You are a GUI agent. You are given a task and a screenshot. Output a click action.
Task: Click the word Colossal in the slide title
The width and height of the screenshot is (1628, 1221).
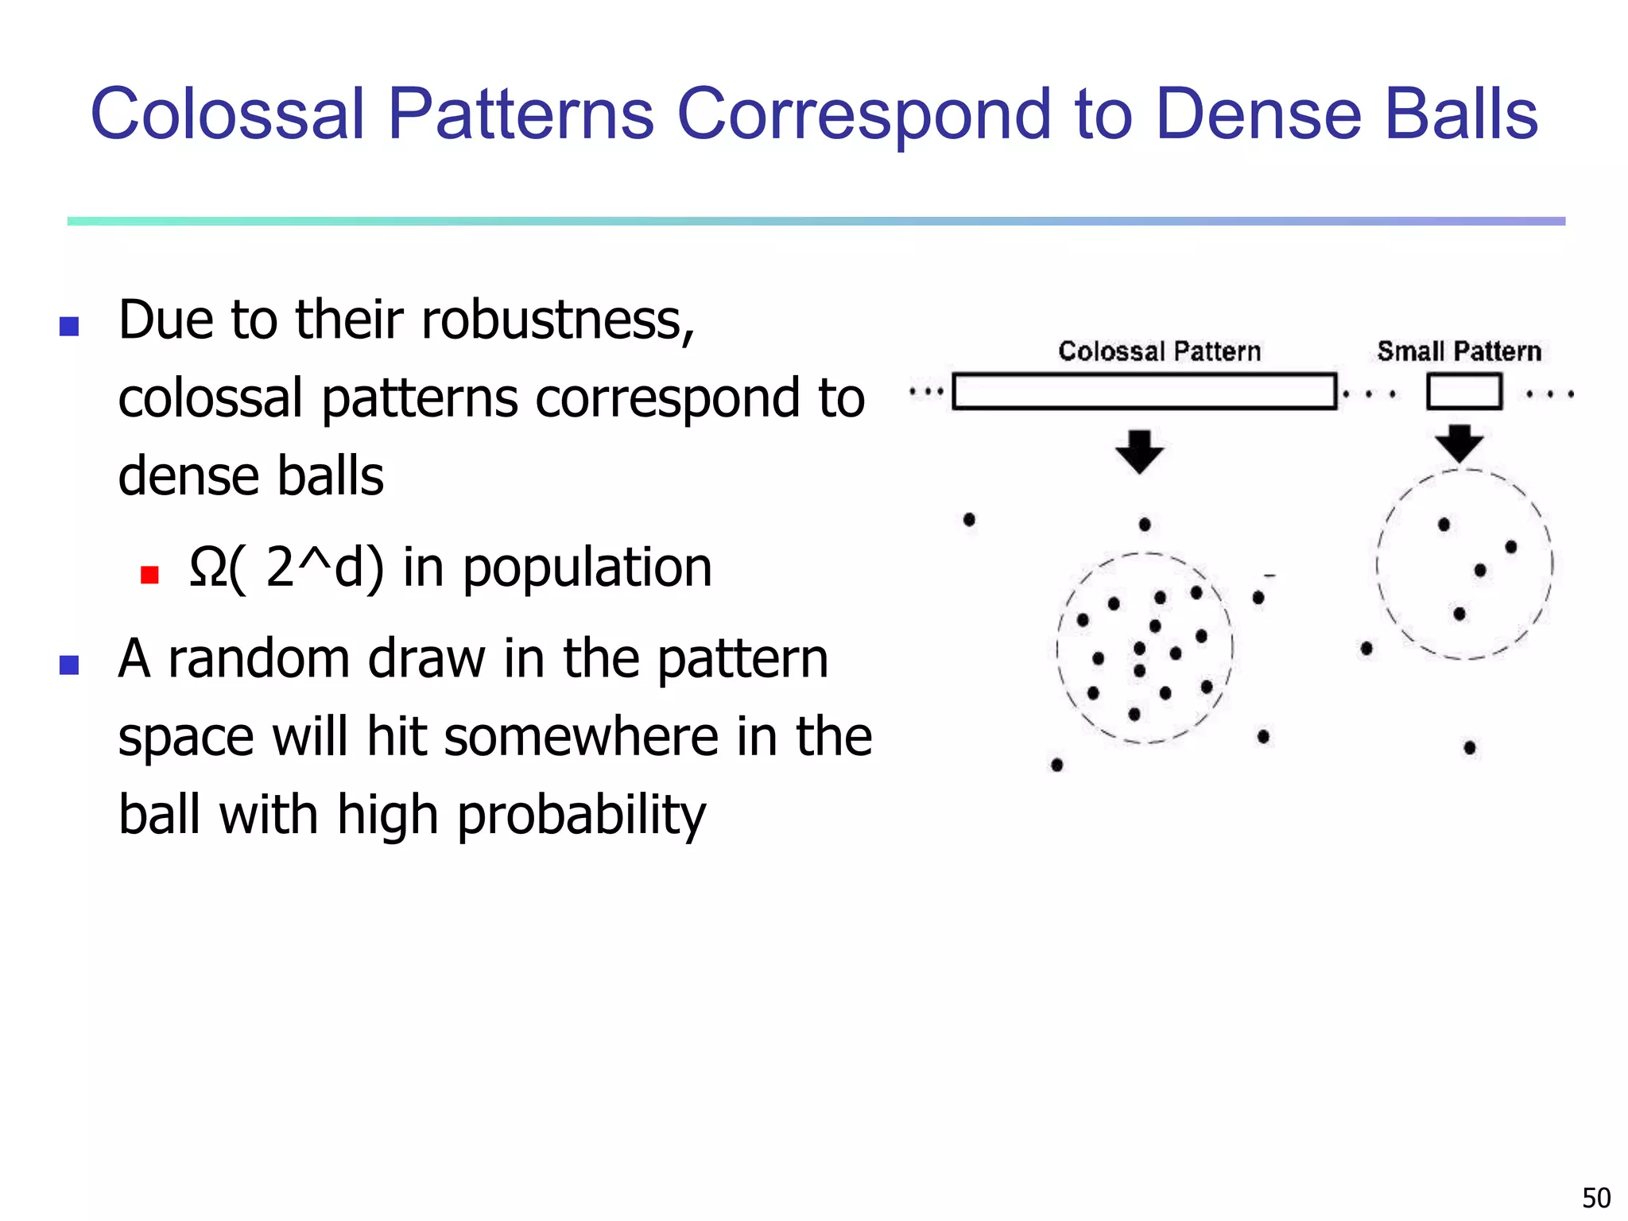(227, 114)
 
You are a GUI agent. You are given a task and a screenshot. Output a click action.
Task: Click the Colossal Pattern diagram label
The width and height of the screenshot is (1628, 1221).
(1159, 351)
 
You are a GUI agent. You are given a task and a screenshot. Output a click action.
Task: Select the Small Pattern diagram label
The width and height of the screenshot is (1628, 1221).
(1459, 351)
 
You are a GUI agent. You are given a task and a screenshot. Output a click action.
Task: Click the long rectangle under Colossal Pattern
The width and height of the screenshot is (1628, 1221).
(1144, 391)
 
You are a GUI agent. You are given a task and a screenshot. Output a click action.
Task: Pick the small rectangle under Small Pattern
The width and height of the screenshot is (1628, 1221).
(1463, 391)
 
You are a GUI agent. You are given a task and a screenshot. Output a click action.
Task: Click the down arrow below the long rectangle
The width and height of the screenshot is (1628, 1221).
(1139, 452)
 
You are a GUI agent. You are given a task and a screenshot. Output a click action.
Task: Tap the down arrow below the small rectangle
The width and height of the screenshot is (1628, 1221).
(1459, 444)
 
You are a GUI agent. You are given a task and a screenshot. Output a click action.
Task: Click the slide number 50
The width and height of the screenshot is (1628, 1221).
(1595, 1197)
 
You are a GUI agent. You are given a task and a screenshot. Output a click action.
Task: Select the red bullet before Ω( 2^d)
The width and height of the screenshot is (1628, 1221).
(149, 574)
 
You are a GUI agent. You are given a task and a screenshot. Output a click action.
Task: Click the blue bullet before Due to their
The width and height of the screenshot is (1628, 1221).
(69, 326)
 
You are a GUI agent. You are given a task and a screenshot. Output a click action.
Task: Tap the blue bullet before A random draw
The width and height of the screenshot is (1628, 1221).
(69, 665)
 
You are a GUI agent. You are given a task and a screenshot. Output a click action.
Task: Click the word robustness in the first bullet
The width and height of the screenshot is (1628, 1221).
(556, 320)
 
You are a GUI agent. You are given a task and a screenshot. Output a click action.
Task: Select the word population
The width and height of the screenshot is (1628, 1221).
(587, 568)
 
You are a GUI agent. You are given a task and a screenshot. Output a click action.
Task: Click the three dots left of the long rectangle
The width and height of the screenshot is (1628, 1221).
(926, 392)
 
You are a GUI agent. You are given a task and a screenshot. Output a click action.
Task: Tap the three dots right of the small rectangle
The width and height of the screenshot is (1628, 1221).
(1550, 393)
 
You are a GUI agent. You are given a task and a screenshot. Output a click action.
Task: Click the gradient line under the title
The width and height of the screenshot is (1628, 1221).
(816, 221)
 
